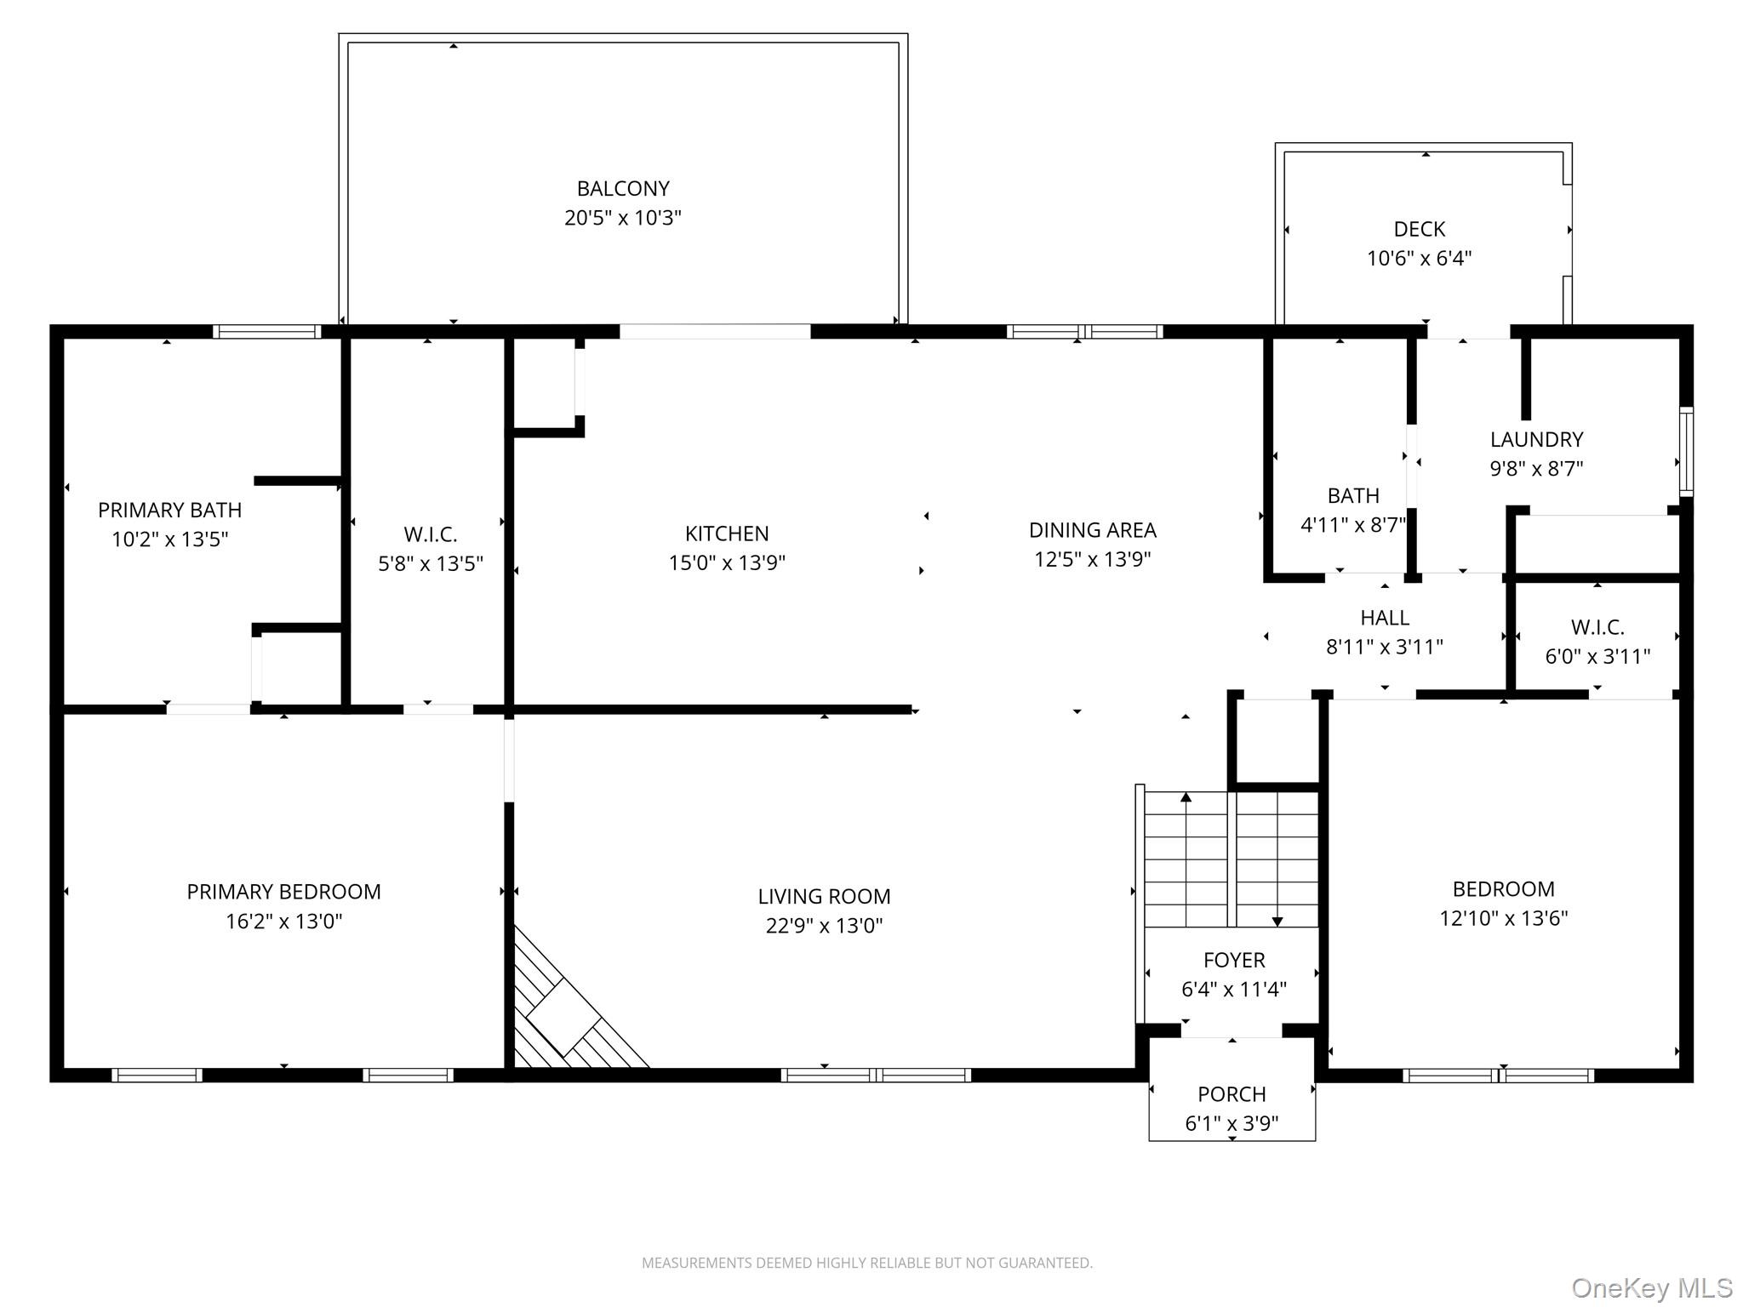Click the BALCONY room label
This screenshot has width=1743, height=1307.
tap(622, 188)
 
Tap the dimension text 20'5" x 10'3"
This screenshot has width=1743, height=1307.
tap(622, 218)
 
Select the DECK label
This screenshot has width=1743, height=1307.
tap(1419, 229)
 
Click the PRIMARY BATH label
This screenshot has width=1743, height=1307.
tap(169, 510)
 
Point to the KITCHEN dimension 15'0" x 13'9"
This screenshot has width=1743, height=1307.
tap(726, 562)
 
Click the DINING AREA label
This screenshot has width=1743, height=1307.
tap(1092, 530)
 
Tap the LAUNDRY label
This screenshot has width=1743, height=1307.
tap(1536, 439)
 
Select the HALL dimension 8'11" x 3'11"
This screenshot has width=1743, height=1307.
tap(1384, 647)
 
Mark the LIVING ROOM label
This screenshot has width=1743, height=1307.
tap(824, 896)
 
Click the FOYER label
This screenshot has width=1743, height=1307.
tap(1233, 960)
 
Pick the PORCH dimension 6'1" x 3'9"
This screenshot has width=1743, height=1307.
tap(1232, 1123)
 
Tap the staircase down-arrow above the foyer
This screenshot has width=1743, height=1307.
tap(1277, 920)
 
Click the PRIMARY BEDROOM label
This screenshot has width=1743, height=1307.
tap(283, 892)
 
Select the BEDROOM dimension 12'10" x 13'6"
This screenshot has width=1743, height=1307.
tap(1503, 918)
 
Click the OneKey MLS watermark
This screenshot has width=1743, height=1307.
tap(1651, 1288)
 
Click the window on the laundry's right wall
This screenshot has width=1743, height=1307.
tap(1685, 452)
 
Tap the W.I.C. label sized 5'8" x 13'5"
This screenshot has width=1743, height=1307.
tap(430, 534)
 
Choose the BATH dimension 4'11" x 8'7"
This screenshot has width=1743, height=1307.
tap(1352, 524)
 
